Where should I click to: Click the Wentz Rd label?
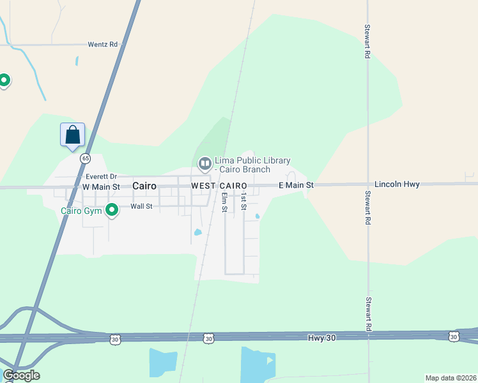point(103,45)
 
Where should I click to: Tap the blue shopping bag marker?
point(73,135)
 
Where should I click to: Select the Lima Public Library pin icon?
point(204,164)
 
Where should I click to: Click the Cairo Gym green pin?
point(112,209)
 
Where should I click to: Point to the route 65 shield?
point(86,158)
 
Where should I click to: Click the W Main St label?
point(101,186)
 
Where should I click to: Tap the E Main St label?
point(296,185)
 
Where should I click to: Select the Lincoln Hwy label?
point(397,184)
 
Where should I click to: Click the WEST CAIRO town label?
point(219,186)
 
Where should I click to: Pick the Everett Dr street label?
point(101,176)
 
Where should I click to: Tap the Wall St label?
point(141,206)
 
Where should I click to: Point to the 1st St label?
point(243,202)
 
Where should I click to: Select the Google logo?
point(22,375)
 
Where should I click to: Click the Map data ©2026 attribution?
point(451,378)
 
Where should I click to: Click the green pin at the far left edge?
point(4,80)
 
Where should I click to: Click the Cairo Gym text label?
point(81,211)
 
